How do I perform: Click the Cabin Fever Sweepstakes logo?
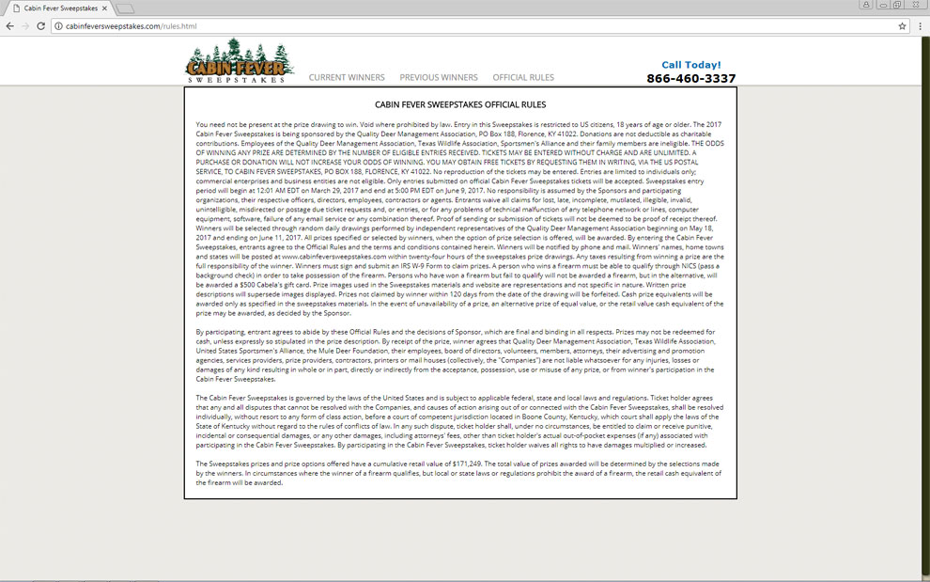coord(235,61)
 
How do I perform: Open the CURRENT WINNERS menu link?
coord(347,77)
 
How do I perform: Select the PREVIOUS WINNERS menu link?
coord(439,77)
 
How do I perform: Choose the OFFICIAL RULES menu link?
coord(523,77)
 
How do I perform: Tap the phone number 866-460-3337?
coord(690,79)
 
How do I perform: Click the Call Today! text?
coord(691,65)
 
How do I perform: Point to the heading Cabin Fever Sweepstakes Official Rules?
coord(460,104)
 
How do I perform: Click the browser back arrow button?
coord(10,25)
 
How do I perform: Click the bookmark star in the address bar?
coord(902,25)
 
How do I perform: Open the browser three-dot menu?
coord(920,25)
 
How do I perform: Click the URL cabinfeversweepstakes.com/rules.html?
coord(131,25)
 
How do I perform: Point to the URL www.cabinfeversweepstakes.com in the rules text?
coord(333,255)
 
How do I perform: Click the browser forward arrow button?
coord(25,25)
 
